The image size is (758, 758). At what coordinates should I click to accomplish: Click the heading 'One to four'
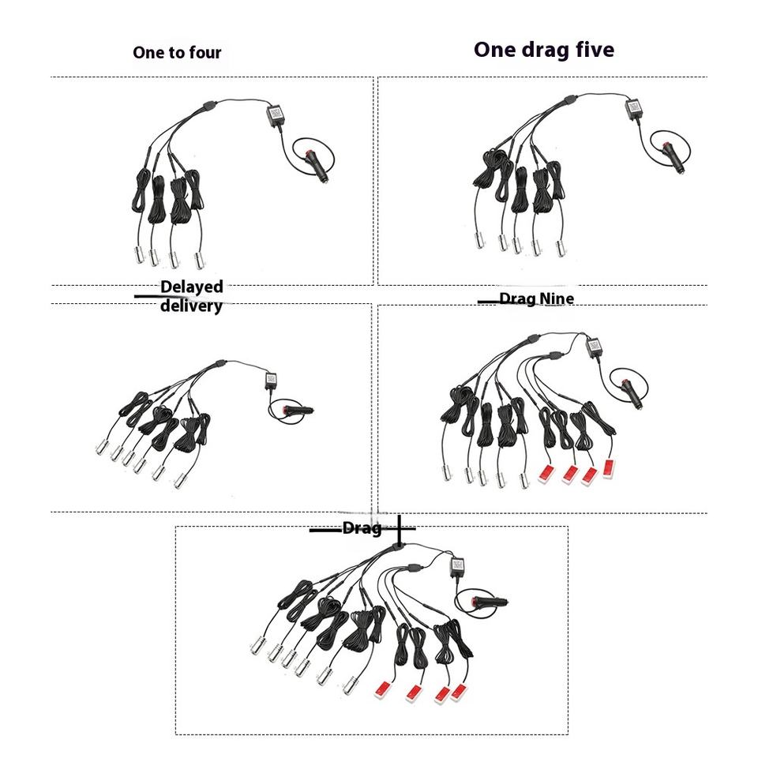177,52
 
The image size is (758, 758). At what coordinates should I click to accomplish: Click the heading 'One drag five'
544,50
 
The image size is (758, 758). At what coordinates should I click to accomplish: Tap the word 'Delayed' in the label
191,287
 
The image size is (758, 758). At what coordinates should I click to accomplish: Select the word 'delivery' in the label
191,306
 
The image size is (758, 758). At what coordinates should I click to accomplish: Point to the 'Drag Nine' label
537,298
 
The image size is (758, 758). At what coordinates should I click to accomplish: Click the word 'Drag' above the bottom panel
362,528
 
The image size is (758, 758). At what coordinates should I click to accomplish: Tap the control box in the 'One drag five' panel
632,109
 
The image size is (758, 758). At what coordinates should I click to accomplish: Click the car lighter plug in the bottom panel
489,602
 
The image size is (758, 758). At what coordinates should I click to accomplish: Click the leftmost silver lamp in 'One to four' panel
139,254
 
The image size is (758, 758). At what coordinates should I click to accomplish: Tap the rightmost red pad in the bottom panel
458,692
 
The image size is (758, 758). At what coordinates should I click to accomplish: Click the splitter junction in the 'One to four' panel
209,104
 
